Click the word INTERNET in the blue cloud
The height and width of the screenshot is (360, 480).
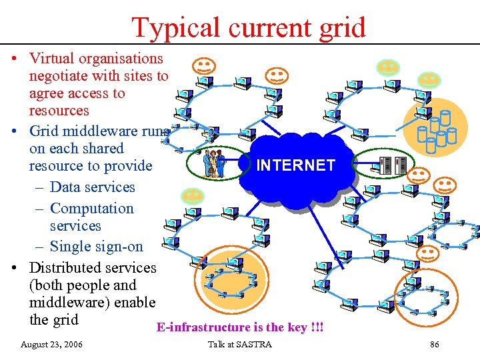coord(296,165)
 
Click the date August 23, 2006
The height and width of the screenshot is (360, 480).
coord(52,345)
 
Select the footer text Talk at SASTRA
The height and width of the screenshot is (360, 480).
coord(240,345)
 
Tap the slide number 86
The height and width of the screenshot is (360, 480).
coord(435,345)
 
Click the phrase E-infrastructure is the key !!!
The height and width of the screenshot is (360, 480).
coord(239,327)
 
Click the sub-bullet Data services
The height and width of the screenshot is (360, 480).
coord(92,187)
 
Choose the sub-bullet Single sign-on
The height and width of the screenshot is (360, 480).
coord(97,247)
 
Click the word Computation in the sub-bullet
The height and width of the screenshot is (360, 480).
coord(92,209)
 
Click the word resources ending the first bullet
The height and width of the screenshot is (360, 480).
coord(59,111)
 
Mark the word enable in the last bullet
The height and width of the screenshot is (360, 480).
coord(135,303)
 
